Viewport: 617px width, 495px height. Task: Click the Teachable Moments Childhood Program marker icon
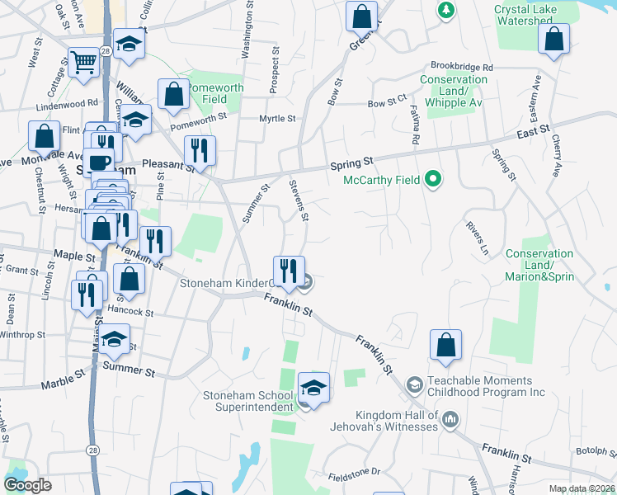coord(414,385)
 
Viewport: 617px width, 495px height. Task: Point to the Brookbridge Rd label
coord(461,67)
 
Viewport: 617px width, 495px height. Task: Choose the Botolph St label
coord(596,451)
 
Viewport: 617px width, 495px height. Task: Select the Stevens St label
coord(298,200)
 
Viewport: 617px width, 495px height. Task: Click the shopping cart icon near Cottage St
coord(83,62)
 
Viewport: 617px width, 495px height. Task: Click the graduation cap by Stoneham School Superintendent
coord(313,386)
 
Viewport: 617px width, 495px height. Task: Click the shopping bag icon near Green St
coord(361,16)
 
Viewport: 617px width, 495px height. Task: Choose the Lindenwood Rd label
coord(67,105)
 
